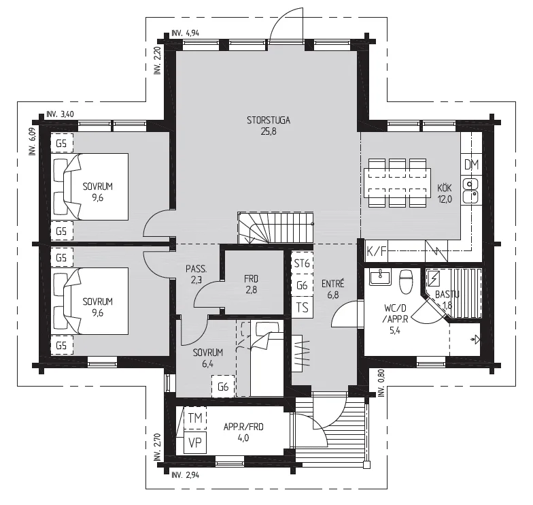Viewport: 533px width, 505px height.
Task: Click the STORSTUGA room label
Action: coord(268,120)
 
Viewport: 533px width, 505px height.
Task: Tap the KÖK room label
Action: coord(445,188)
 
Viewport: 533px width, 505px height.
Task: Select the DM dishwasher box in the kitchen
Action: coord(472,165)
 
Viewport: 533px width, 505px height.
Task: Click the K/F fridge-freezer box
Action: coord(377,251)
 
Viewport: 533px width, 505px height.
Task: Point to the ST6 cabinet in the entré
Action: coord(302,263)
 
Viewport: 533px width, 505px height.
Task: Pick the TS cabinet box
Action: coord(302,308)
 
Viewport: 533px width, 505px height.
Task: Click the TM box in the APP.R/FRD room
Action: coord(195,418)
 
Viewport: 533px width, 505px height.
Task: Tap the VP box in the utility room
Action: coord(195,442)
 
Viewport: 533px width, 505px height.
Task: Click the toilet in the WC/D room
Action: coord(406,281)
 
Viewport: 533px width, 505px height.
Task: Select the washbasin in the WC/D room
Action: coord(380,276)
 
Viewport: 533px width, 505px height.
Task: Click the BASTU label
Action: coord(447,294)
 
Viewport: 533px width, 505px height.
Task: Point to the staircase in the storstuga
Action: coord(275,227)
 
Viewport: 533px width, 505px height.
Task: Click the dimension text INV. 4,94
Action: coord(185,33)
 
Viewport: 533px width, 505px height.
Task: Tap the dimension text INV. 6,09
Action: coord(33,142)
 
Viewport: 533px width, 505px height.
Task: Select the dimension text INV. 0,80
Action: coord(381,383)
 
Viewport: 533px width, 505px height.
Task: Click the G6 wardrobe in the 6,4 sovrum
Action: coord(223,387)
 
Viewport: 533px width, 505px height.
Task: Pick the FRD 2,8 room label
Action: coord(252,284)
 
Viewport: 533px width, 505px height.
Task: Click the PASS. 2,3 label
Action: coord(196,274)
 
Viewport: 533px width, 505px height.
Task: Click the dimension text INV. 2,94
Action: coord(185,475)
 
